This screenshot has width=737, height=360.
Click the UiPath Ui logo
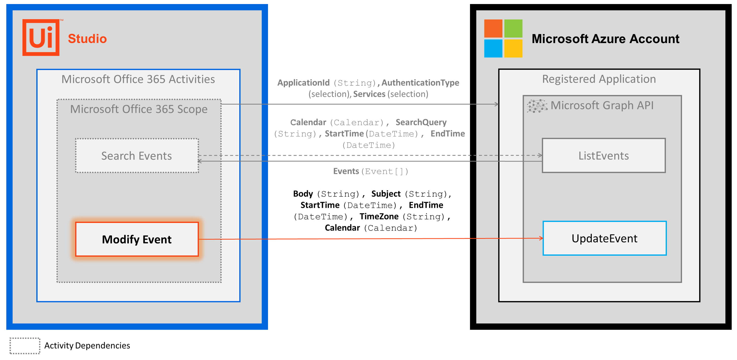[41, 38]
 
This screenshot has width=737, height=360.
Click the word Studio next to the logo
[87, 39]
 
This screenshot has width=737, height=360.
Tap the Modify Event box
[137, 239]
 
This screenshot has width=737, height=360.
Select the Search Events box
[137, 156]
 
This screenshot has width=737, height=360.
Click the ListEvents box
[604, 156]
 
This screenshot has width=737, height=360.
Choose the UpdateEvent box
[604, 238]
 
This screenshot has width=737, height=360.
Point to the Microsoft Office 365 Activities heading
[138, 79]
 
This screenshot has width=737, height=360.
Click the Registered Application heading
[599, 79]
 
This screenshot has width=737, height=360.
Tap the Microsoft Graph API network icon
[537, 106]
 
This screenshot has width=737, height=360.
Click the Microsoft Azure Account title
[605, 39]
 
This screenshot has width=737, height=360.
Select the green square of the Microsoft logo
[513, 28]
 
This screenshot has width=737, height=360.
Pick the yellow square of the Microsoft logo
[513, 48]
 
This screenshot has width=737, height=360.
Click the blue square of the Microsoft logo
[493, 48]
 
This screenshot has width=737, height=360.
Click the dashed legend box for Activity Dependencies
[25, 346]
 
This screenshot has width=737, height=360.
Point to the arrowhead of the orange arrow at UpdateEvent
[541, 238]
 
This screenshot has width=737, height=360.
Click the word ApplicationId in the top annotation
[303, 83]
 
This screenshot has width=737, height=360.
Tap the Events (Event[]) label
[371, 171]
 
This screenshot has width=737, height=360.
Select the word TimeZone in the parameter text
[379, 216]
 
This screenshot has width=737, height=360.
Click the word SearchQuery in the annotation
[421, 122]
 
